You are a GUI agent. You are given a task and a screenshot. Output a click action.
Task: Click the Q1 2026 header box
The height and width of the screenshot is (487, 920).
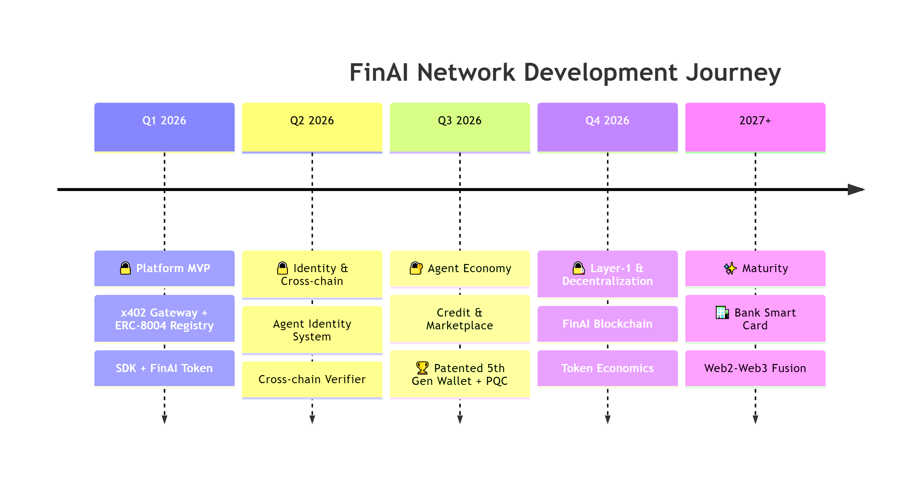164,127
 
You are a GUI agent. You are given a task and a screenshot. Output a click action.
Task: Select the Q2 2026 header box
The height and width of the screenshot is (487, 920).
312,127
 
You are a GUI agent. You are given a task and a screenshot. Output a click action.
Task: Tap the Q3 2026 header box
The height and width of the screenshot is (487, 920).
460,127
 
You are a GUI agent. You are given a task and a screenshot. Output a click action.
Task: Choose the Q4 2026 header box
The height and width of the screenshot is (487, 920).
607,127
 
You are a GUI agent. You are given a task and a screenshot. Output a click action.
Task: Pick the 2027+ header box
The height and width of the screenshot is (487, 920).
755,127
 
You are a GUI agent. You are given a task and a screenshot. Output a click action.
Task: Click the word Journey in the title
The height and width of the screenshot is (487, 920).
733,73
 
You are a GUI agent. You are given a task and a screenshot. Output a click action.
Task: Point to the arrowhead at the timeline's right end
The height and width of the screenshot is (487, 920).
856,189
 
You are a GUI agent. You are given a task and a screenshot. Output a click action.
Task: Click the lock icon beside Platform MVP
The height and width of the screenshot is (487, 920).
125,268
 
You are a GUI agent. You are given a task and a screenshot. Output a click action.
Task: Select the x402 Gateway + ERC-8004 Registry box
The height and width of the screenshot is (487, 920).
164,319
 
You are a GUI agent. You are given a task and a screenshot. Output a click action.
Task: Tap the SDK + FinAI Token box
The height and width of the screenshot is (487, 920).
164,369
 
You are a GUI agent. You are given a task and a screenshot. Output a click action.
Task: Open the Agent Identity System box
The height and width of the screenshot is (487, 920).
312,330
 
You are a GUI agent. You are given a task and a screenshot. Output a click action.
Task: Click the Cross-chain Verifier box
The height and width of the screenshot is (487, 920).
312,380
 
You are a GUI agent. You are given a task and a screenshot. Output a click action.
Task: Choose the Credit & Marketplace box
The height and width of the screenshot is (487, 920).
460,319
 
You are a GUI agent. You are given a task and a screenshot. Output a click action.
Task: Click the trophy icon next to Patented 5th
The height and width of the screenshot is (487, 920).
422,368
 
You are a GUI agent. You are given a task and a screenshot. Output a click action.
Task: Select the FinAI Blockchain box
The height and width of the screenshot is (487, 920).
607,324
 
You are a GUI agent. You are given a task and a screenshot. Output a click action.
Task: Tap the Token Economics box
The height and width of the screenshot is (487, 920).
607,369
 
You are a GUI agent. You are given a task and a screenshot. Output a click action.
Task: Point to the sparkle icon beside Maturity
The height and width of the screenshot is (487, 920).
730,268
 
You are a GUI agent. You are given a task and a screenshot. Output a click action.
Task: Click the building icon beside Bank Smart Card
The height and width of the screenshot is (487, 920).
722,313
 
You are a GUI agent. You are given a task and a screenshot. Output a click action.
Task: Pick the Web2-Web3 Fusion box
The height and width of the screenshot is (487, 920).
755,369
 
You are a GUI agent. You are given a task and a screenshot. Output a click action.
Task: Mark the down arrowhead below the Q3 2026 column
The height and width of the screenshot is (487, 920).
460,420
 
